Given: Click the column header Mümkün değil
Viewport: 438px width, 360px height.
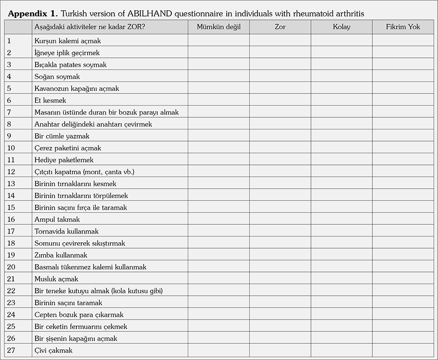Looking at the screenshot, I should coord(219,27).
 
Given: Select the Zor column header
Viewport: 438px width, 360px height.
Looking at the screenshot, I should coord(280,27).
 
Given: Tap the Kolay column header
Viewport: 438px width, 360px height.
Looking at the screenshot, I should coord(342,27).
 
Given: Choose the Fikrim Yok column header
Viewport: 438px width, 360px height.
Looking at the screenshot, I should coord(403,27).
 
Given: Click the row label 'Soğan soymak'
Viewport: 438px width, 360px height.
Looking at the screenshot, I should coord(57,77).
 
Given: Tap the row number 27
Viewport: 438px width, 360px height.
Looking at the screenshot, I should coord(12,350).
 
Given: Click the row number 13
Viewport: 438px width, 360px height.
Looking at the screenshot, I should coord(12,184).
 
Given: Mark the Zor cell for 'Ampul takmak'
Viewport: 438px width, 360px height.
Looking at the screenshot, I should coord(280,219).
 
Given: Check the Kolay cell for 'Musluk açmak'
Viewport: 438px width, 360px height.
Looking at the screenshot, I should coord(342,279).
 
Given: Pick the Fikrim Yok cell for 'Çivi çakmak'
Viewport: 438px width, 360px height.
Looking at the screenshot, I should coord(403,350).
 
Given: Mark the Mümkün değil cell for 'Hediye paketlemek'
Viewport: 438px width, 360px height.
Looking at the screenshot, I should coord(219,160).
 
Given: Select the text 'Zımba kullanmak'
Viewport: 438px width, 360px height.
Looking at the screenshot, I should coord(61,255).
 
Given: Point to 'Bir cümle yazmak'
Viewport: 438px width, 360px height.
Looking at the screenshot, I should coord(62,136).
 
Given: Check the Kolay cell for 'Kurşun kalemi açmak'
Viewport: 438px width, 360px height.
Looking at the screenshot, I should coord(342,41).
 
